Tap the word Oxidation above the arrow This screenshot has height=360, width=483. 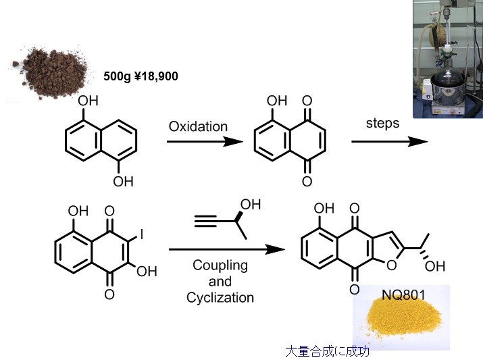pos(198,126)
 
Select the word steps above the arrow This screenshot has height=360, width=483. pos(383,124)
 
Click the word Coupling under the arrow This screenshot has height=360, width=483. pos(220,265)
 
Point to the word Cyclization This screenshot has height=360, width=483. pos(220,297)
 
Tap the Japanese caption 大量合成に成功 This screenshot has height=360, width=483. pos(328,351)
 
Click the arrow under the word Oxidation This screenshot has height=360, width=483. pos(204,142)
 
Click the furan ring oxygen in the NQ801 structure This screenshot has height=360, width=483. pos(391,265)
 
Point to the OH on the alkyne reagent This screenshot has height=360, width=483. pos(250,204)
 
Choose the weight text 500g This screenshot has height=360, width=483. pos(118,76)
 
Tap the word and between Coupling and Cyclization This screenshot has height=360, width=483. pos(220,281)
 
